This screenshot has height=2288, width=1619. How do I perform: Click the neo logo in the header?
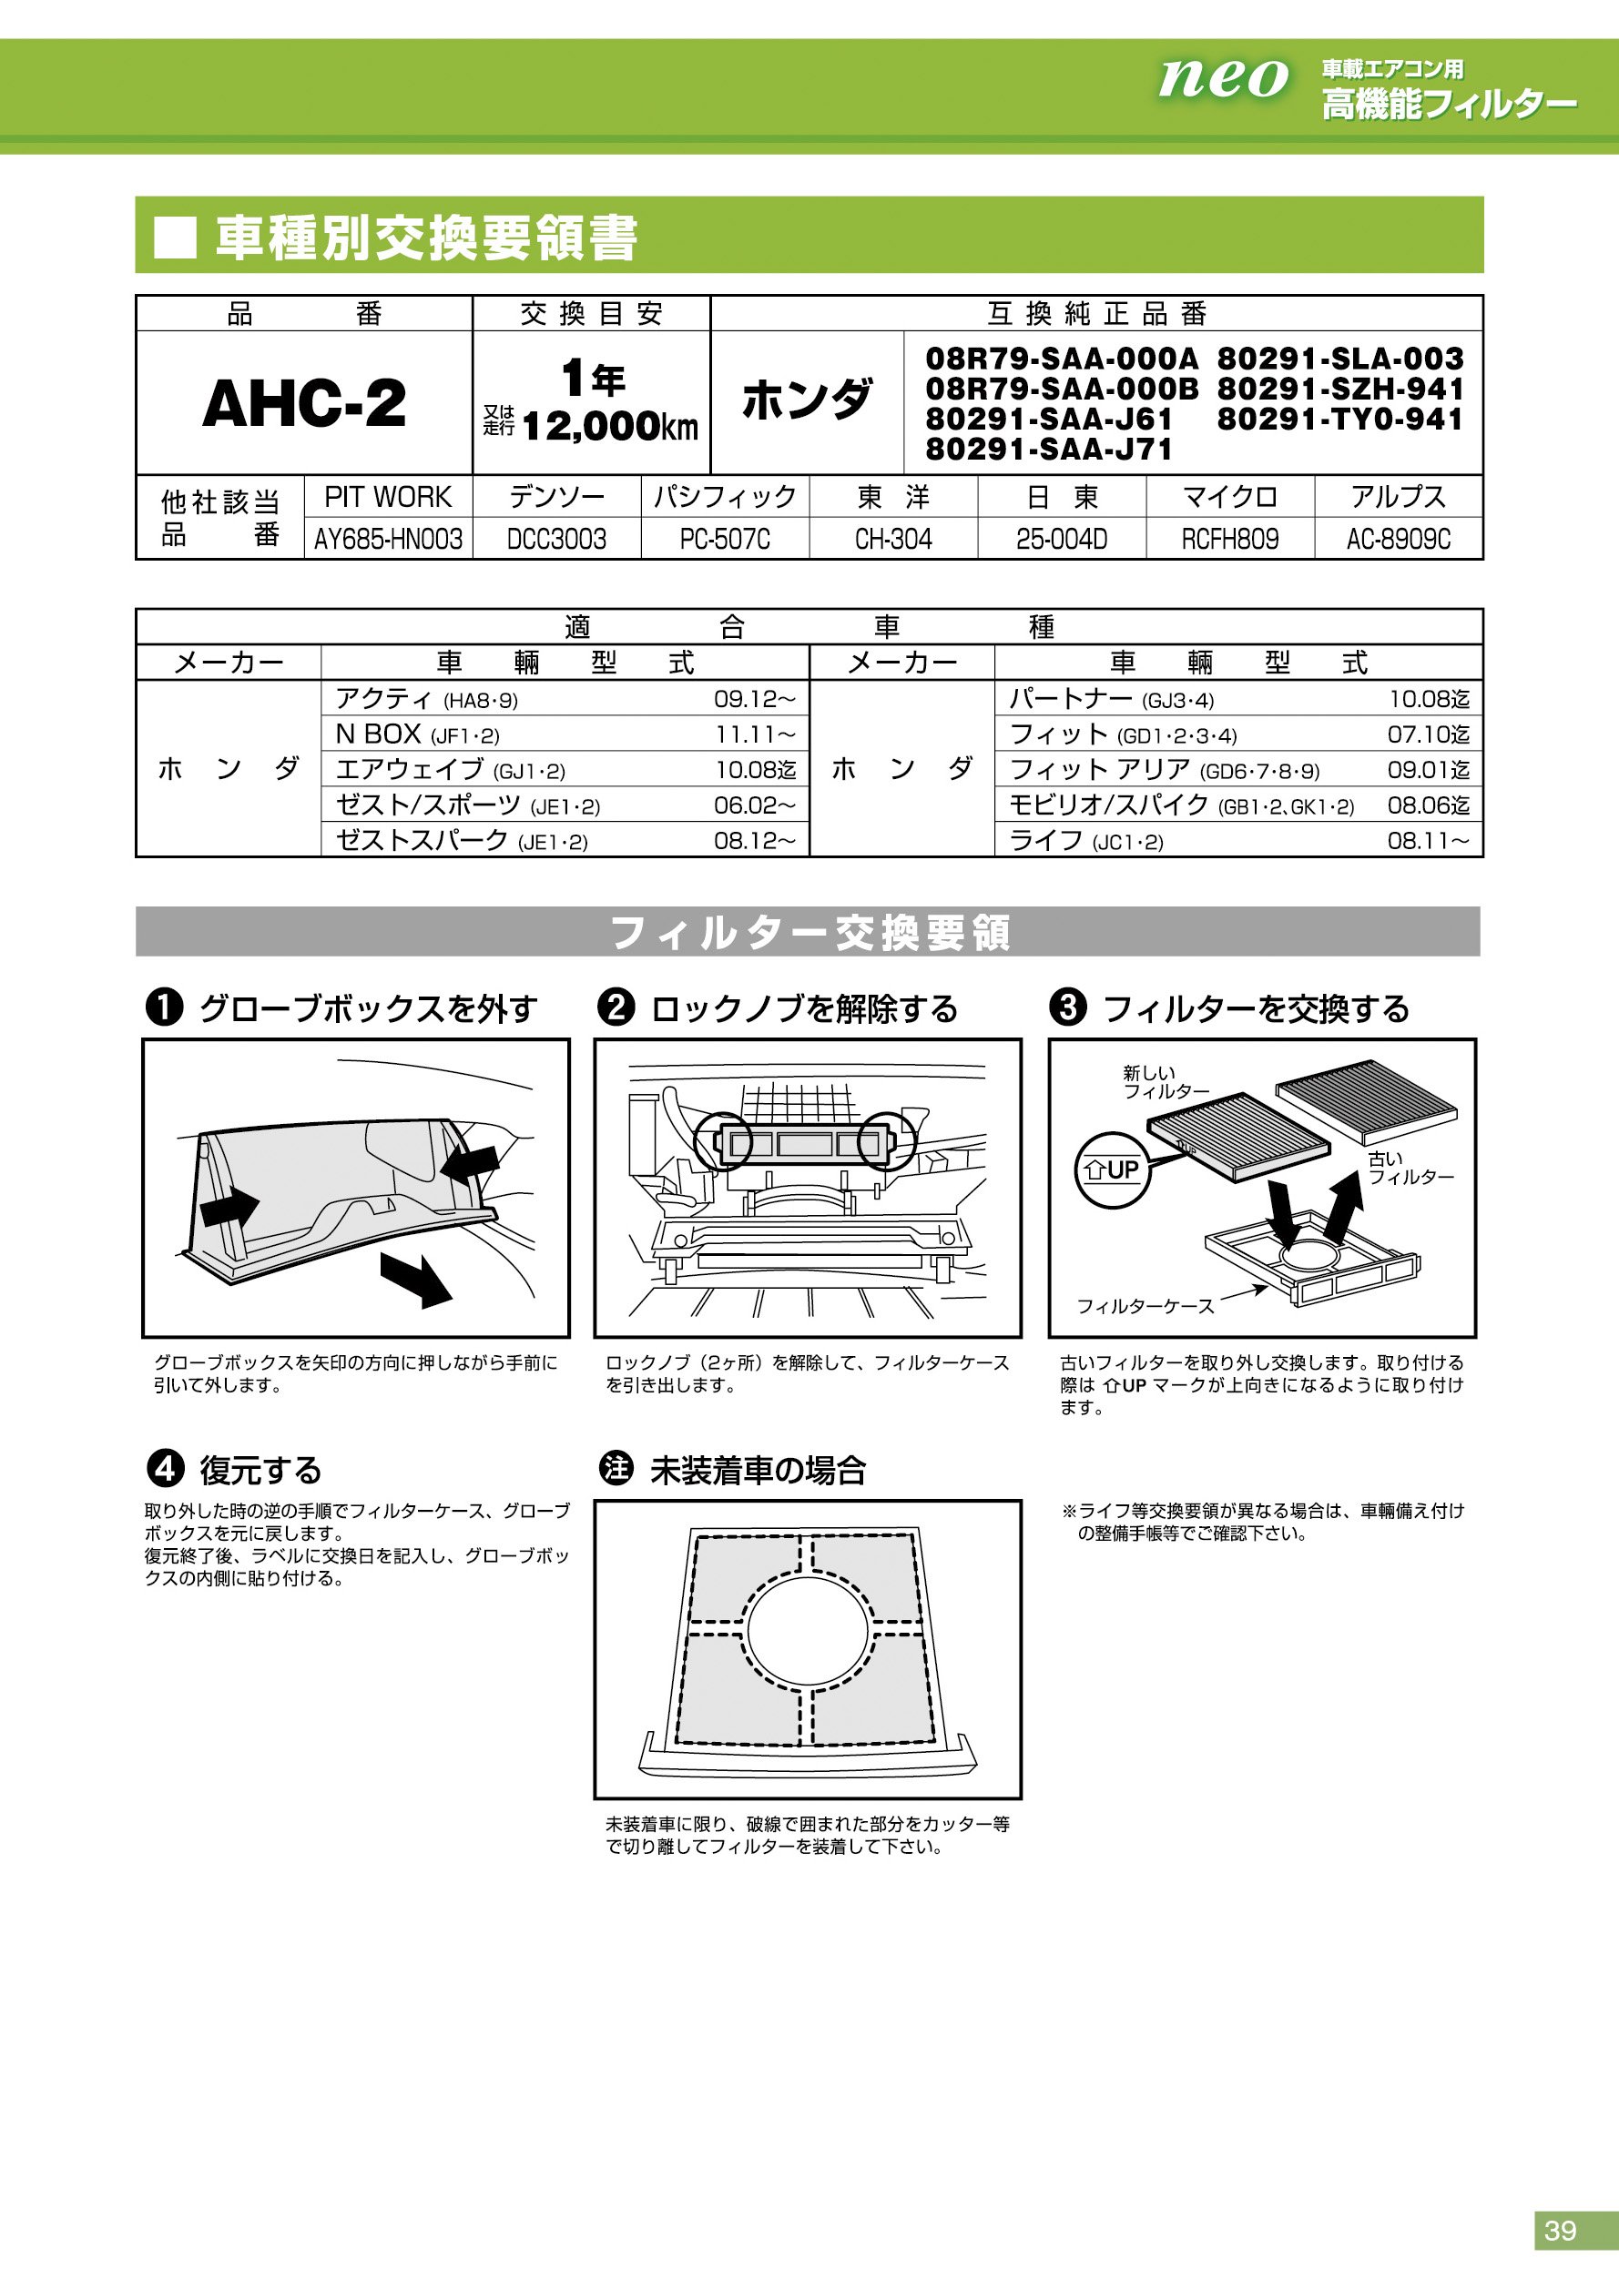pos(1222,77)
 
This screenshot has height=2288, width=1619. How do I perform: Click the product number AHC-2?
pos(304,403)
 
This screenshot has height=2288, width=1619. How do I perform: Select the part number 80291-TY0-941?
pos(1339,420)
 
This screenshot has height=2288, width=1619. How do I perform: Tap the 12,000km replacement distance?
pos(609,428)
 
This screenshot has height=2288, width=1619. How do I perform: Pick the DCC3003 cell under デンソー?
pos(556,539)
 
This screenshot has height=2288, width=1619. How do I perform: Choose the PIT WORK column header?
pos(388,496)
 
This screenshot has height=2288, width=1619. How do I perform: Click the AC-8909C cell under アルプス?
pos(1398,539)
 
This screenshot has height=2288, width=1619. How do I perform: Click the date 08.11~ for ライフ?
pos(1428,841)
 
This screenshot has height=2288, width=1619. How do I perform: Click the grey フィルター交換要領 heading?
pos(808,933)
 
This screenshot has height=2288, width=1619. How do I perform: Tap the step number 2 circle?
pos(616,1007)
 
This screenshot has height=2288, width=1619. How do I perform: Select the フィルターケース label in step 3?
pos(1145,1305)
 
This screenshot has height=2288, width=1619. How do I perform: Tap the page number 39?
pos(1560,2229)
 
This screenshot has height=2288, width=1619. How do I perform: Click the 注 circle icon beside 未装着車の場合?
pos(616,1468)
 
